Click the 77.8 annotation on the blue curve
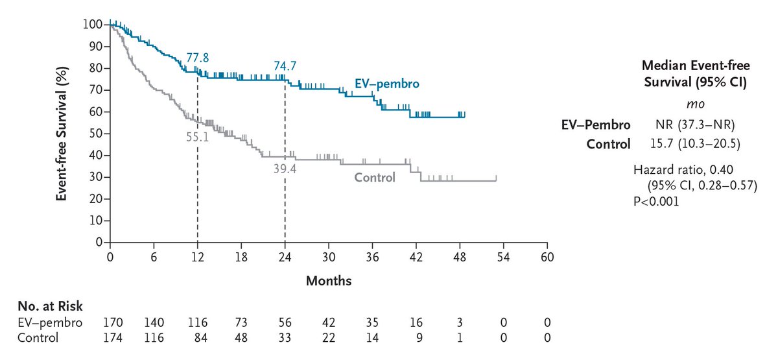198,58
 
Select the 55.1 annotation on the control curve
198,138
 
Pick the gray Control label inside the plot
374,177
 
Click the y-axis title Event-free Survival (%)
62,133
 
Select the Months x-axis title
329,281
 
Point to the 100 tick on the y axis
93,25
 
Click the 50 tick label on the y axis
95,134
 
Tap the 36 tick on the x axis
373,256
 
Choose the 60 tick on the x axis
548,256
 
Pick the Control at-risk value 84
198,337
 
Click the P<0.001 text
656,201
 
